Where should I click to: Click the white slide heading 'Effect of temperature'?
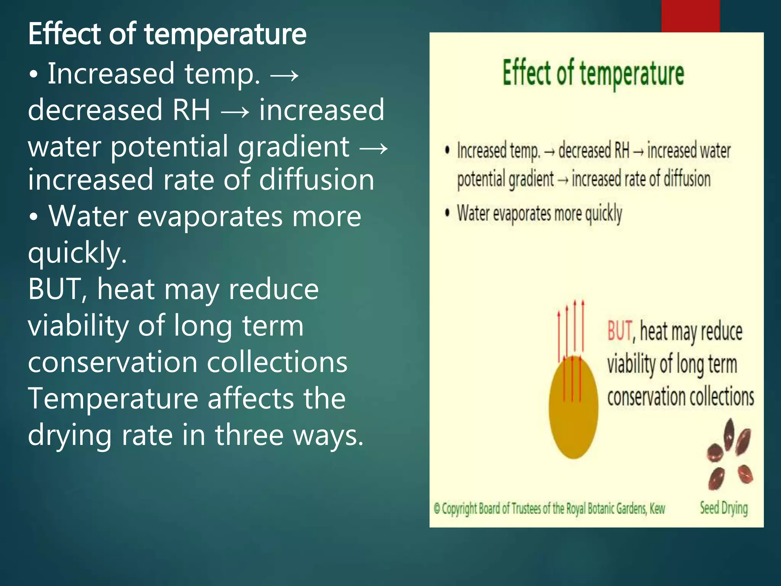click(167, 34)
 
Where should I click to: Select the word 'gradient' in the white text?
click(293, 146)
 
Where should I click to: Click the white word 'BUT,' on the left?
click(57, 289)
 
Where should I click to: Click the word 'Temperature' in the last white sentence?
click(113, 398)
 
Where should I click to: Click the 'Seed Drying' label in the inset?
click(723, 508)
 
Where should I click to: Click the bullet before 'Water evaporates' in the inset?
click(447, 213)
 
